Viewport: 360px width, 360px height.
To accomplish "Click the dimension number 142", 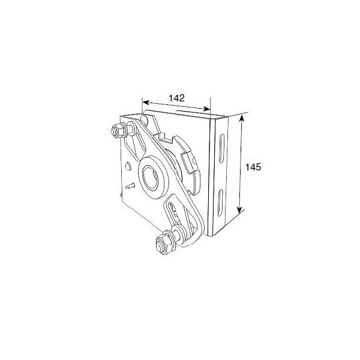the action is (176, 98).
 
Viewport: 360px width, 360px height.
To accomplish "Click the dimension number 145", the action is (253, 167).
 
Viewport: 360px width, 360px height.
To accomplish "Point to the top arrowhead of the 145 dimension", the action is (241, 119).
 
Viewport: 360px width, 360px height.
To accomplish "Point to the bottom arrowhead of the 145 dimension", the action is (239, 209).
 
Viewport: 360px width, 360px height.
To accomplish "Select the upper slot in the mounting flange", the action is (221, 148).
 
